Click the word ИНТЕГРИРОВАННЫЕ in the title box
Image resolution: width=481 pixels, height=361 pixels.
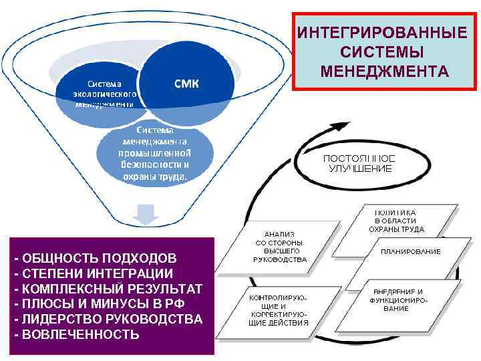pos(382,32)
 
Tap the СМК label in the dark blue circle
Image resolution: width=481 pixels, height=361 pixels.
pos(191,83)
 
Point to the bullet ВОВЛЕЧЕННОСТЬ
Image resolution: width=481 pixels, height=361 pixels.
pos(80,334)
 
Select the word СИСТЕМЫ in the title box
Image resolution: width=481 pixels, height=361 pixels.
pos(381,51)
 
